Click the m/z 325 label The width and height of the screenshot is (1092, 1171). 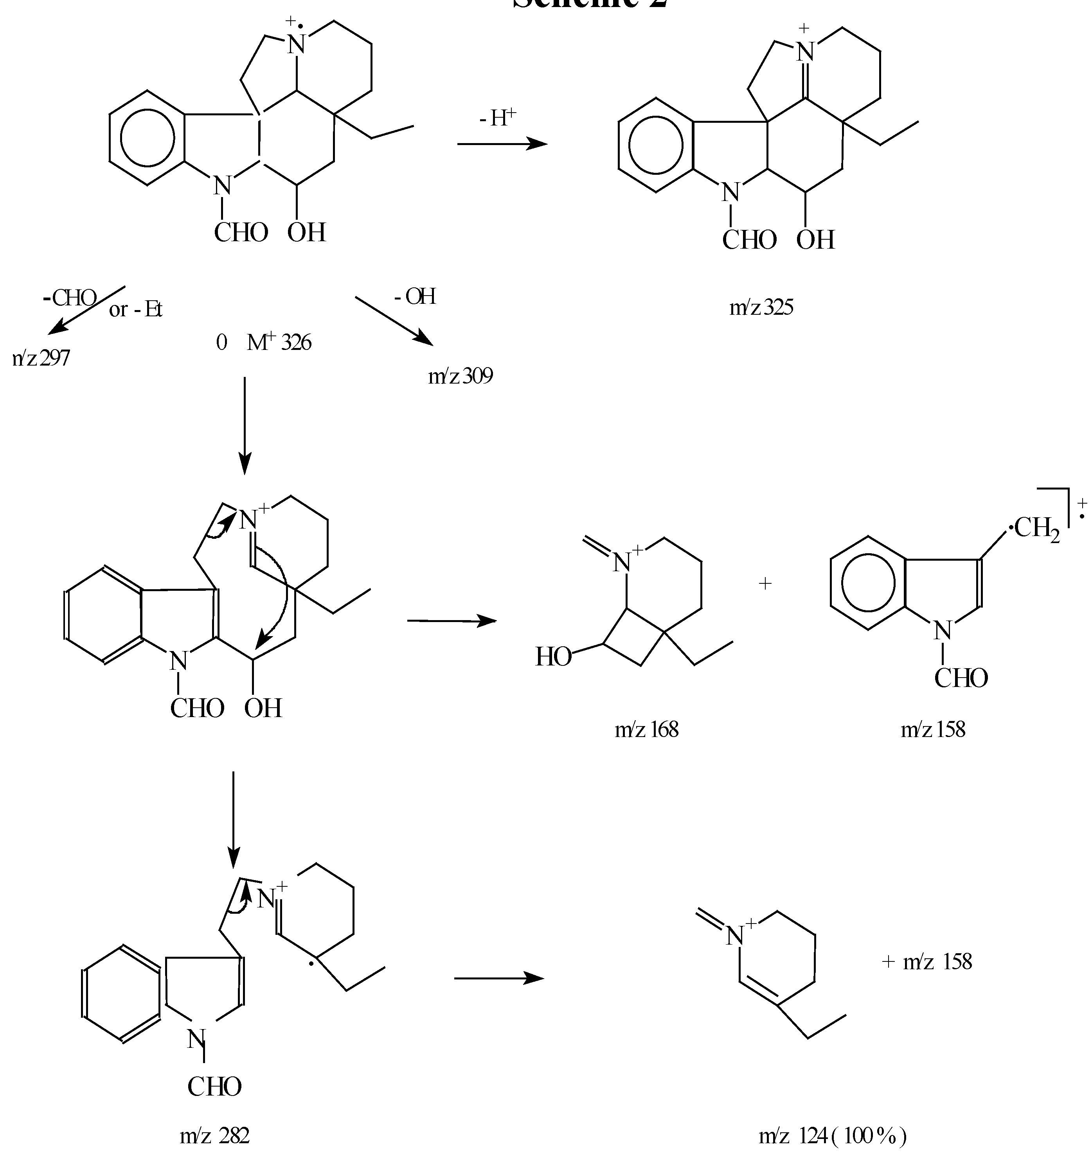tap(761, 307)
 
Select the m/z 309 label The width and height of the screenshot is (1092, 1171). tap(460, 375)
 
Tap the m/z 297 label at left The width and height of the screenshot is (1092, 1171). tap(41, 357)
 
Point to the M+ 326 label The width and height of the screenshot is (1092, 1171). tap(278, 342)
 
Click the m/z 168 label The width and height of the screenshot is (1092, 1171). tap(646, 729)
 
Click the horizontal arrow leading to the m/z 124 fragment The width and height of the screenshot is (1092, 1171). tap(498, 978)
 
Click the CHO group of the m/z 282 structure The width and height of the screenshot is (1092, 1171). tap(214, 1086)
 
